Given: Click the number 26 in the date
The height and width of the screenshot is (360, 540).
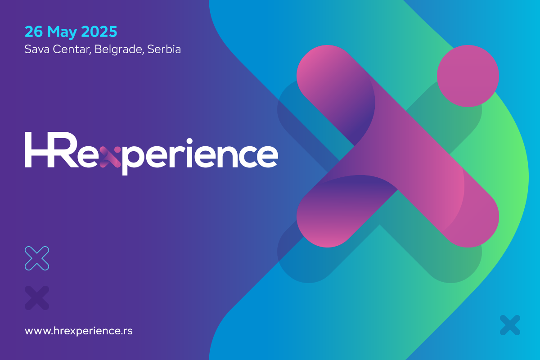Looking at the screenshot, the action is click(34, 31).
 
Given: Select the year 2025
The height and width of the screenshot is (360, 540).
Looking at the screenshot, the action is click(99, 31).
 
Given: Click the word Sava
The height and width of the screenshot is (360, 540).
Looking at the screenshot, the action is click(37, 49).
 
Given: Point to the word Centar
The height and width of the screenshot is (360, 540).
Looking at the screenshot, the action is click(72, 49).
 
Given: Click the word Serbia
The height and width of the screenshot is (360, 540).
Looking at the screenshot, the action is click(164, 49).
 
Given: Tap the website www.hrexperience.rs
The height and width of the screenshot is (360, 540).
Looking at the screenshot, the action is click(79, 331).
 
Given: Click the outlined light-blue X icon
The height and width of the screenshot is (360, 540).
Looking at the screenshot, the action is click(37, 258).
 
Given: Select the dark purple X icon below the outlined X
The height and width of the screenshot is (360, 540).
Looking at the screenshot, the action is click(37, 298).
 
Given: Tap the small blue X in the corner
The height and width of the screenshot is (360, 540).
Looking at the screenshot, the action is click(510, 325).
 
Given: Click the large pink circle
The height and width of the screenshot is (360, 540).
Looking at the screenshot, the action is click(468, 76).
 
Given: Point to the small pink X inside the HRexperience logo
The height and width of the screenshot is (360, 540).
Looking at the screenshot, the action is click(110, 157).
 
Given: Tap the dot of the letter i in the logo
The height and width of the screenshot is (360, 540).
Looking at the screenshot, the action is click(189, 141).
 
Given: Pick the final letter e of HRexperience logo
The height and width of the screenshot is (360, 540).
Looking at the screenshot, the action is click(267, 157).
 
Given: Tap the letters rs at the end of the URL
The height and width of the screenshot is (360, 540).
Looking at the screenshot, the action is click(128, 331).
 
